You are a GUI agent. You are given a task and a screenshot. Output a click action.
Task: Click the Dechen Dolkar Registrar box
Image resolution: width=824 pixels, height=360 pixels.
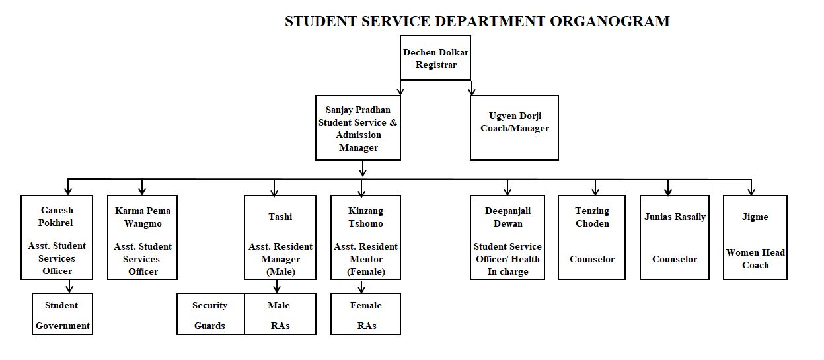tap(435, 58)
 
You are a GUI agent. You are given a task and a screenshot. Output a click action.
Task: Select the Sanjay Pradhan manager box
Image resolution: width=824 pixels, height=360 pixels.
tap(358, 127)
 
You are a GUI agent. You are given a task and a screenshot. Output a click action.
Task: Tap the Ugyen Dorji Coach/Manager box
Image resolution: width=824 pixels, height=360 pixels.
tap(514, 127)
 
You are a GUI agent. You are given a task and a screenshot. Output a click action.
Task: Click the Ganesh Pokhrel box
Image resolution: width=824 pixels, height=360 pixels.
tap(57, 237)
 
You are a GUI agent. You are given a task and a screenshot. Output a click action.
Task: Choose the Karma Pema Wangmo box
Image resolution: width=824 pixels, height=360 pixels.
tap(143, 237)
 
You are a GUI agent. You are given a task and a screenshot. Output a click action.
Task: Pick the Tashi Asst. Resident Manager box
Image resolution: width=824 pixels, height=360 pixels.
tap(280, 237)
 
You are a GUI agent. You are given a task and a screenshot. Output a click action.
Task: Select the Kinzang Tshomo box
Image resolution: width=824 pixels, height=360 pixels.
tap(365, 237)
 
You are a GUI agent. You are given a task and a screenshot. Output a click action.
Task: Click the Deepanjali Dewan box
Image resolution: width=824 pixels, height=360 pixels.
tap(507, 237)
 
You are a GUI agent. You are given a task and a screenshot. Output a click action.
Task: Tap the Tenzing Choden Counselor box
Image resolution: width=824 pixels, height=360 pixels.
tap(591, 237)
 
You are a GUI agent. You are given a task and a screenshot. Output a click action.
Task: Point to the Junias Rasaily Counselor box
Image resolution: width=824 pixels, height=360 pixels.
tap(674, 237)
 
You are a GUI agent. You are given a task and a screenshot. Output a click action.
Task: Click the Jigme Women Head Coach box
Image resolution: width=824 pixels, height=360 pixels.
tap(755, 237)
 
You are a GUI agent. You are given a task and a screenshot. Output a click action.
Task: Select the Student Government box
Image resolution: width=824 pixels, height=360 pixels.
tap(62, 314)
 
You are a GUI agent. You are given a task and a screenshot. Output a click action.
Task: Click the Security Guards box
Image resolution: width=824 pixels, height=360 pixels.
tap(210, 314)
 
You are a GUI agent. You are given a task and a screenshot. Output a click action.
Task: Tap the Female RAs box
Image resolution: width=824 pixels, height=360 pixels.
tap(365, 314)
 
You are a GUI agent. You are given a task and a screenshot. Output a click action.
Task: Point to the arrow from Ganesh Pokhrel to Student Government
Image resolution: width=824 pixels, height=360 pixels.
tap(69, 286)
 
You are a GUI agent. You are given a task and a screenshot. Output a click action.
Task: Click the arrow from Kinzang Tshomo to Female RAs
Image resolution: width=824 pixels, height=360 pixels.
tap(361, 286)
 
